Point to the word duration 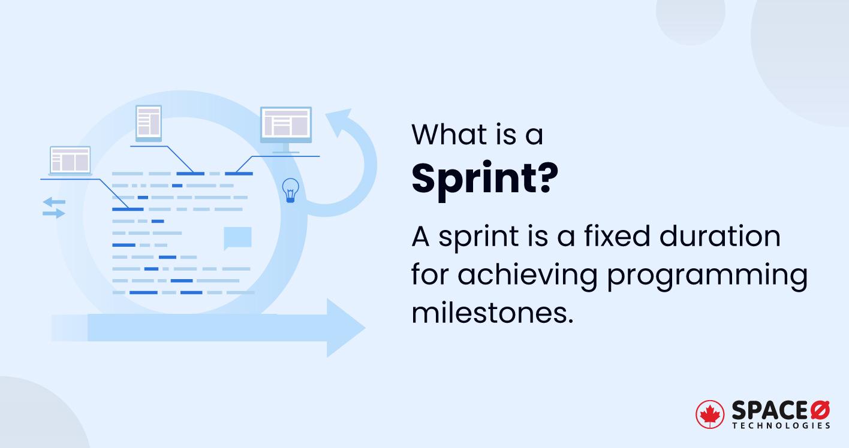point(719,235)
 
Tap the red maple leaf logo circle point(709,414)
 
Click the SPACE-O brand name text point(781,410)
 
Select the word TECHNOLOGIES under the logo point(781,426)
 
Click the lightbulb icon point(290,190)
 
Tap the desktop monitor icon point(286,129)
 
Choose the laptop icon point(70,161)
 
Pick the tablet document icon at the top point(149,123)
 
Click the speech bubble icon point(237,238)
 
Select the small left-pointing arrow point(54,202)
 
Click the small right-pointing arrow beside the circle point(54,214)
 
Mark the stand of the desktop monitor point(286,148)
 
